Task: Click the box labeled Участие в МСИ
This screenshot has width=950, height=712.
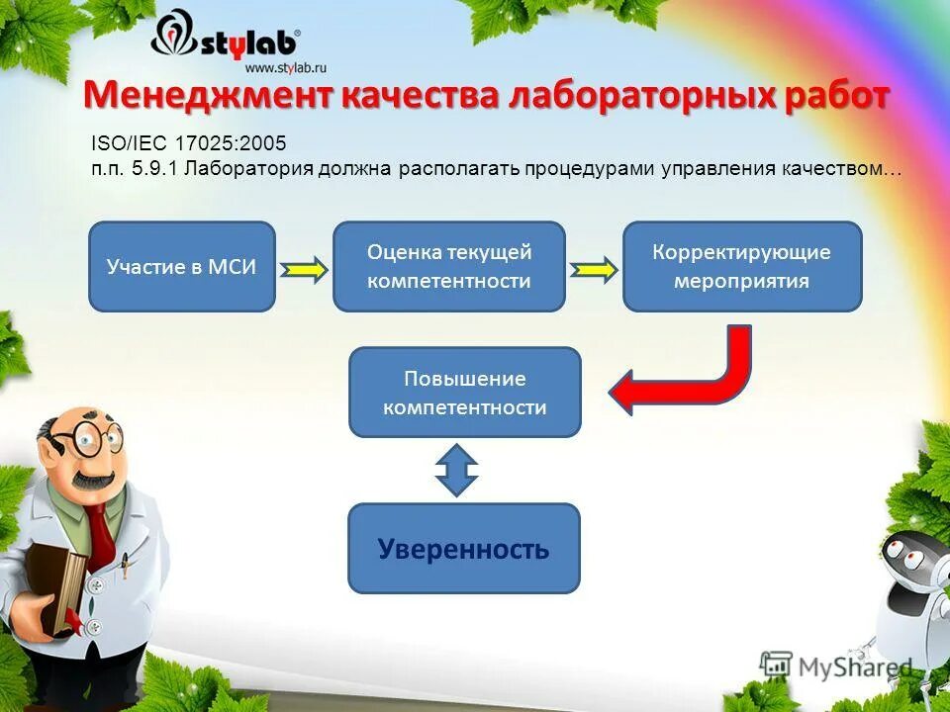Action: tap(182, 267)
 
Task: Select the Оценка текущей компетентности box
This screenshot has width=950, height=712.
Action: tap(448, 267)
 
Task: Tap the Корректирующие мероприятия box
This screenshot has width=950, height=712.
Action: tap(741, 267)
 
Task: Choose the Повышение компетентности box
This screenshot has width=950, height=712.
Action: tap(464, 393)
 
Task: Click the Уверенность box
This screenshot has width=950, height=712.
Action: tap(463, 549)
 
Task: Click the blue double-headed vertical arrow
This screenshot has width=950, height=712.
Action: tap(456, 470)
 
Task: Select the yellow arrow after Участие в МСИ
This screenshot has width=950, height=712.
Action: tap(304, 269)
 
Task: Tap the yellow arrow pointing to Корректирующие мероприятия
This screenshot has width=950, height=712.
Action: tap(594, 269)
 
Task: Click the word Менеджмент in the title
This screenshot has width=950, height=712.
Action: tap(208, 97)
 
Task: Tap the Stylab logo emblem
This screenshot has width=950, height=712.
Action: tap(176, 40)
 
